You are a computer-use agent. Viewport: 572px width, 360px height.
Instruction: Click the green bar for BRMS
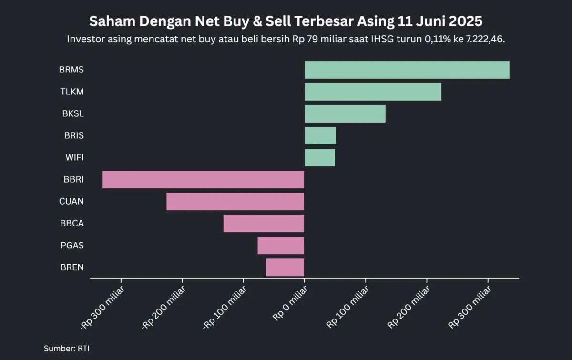407,70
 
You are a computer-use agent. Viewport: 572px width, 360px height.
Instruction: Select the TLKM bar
373,92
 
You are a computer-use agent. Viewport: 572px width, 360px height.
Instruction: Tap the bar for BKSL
345,114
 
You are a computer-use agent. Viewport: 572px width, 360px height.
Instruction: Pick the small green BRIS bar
320,136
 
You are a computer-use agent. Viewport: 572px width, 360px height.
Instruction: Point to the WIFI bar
319,158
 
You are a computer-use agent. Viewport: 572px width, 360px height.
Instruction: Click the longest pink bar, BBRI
203,180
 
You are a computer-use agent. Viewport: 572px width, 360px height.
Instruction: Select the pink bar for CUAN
235,202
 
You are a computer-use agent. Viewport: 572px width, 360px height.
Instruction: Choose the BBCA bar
264,224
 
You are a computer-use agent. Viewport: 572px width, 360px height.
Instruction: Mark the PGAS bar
281,246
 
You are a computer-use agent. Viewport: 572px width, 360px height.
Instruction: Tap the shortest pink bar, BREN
285,267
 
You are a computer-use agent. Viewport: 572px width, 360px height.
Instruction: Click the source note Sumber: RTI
66,349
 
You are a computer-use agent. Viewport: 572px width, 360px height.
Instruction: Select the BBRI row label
73,180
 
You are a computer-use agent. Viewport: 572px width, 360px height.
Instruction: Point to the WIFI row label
74,158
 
